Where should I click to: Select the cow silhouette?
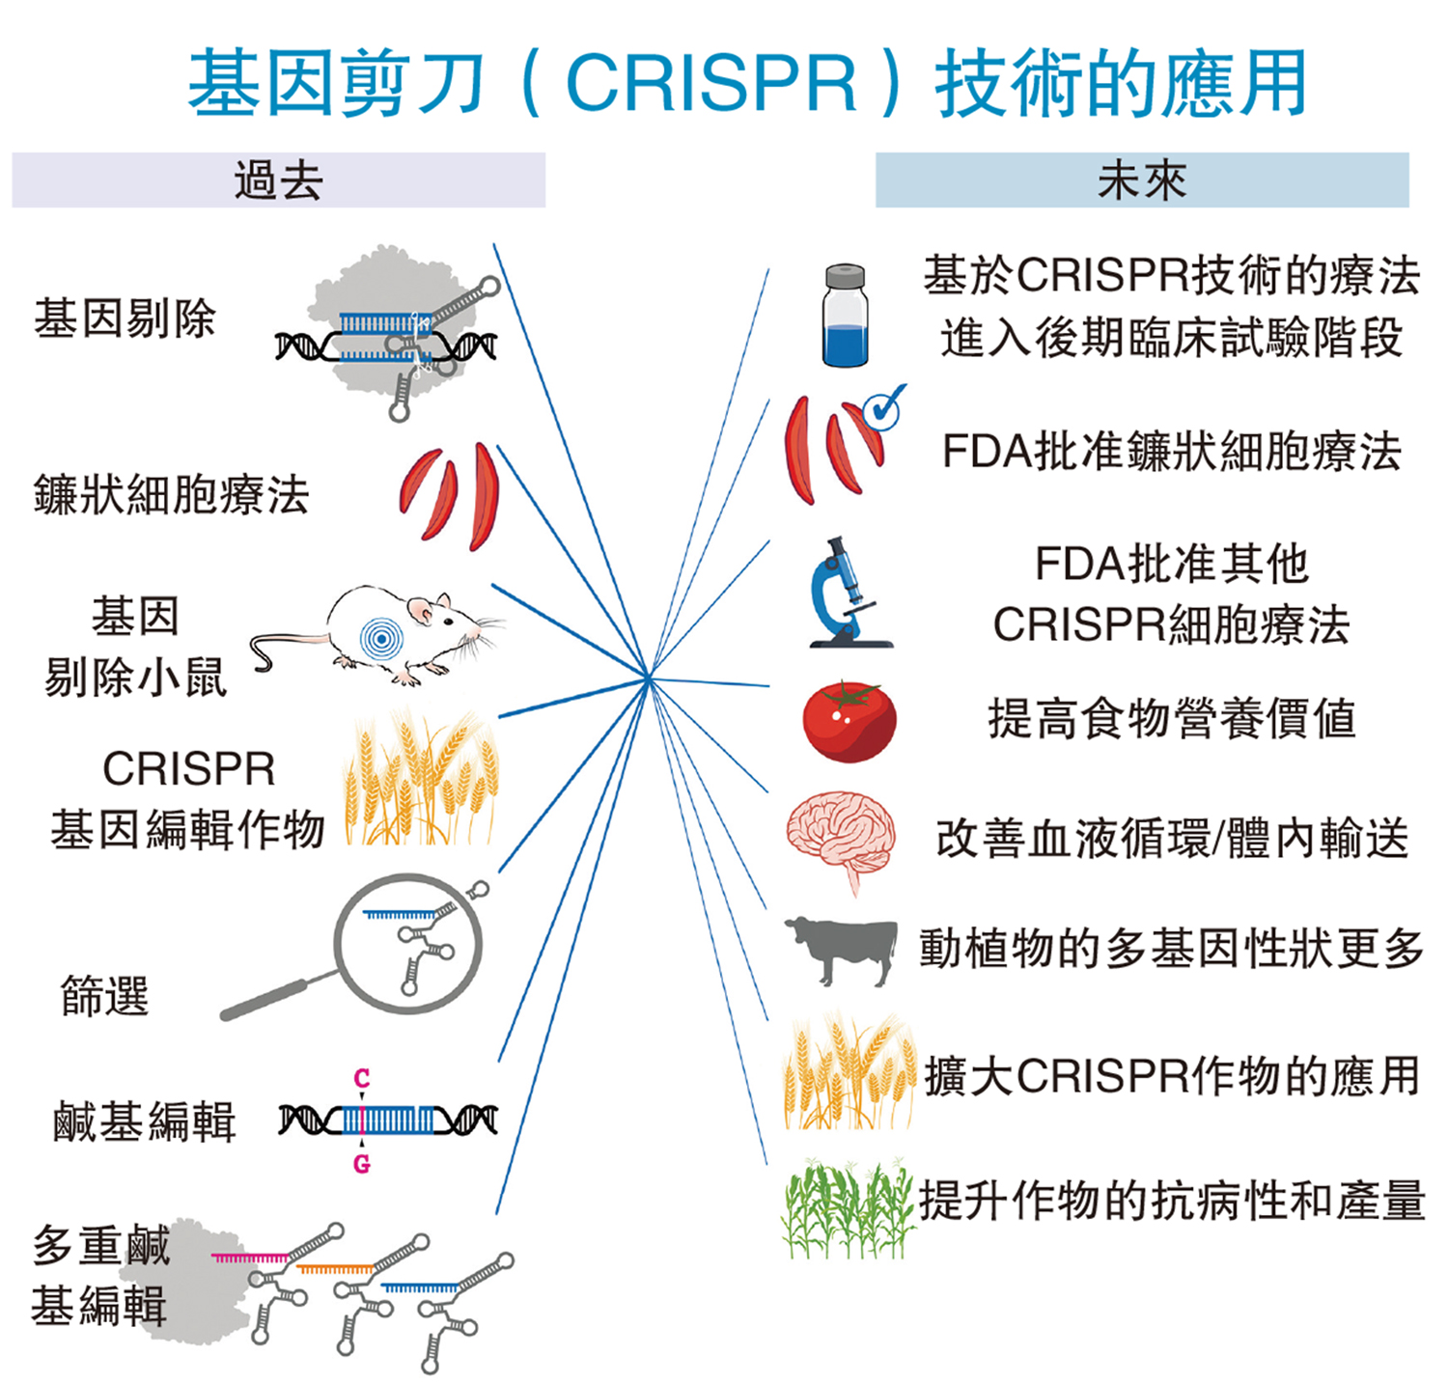click(x=842, y=950)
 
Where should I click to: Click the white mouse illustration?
click(x=386, y=632)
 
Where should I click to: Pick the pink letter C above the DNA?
click(x=362, y=1078)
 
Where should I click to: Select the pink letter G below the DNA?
click(x=362, y=1164)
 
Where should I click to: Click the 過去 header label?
click(x=278, y=180)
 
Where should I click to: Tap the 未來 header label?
click(x=1141, y=180)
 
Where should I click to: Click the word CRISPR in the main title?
click(x=711, y=83)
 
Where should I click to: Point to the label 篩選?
click(x=104, y=995)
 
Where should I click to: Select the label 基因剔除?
click(x=125, y=319)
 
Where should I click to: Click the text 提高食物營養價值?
click(x=1171, y=719)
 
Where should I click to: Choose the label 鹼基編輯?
click(x=145, y=1121)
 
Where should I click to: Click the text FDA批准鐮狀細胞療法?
click(x=1171, y=452)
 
